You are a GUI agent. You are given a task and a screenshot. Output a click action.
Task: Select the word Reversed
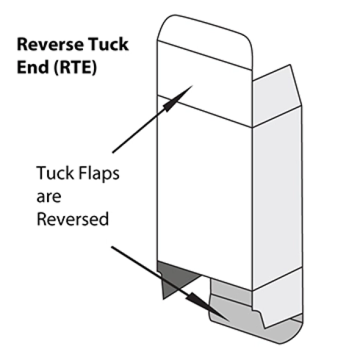pyautogui.click(x=72, y=218)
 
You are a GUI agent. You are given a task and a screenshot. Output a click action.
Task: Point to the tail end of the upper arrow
pyautogui.click(x=113, y=151)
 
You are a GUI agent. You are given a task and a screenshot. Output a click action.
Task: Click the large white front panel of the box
pyautogui.click(x=204, y=195)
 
